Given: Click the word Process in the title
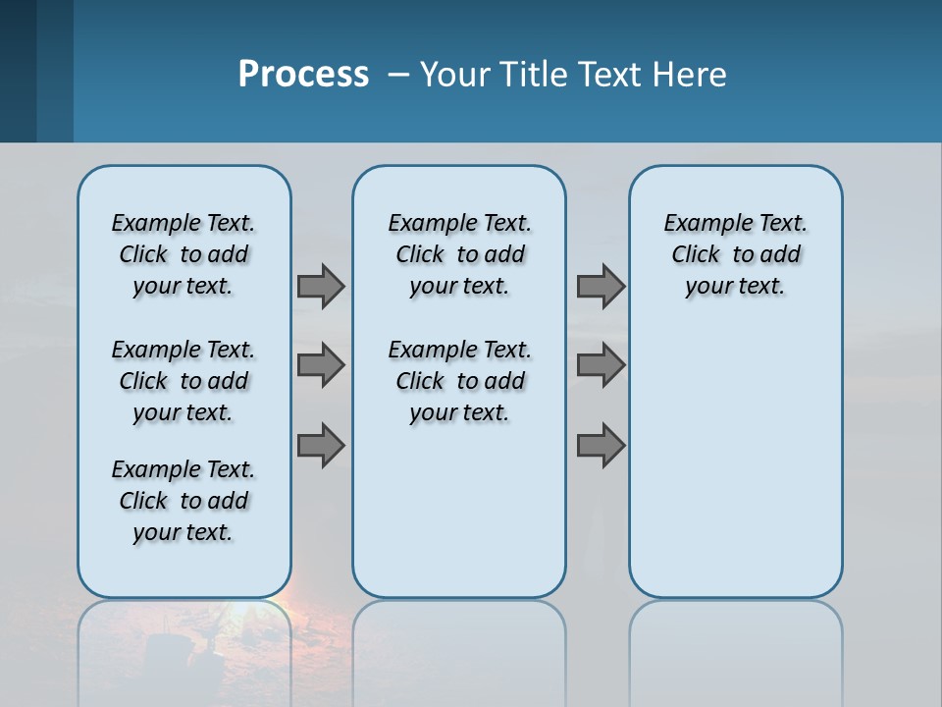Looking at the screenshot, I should pyautogui.click(x=303, y=74).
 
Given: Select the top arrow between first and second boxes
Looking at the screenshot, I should pyautogui.click(x=321, y=286).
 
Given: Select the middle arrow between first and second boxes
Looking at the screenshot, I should pyautogui.click(x=321, y=365).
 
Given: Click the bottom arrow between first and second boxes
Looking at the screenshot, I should pyautogui.click(x=321, y=446).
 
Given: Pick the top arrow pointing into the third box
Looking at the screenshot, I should pyautogui.click(x=601, y=286).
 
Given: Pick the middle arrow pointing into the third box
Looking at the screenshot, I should pyautogui.click(x=601, y=365).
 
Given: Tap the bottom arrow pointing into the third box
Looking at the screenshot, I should pyautogui.click(x=601, y=446).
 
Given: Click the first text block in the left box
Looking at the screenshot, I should pyautogui.click(x=183, y=254).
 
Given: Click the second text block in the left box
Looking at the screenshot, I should pyautogui.click(x=183, y=381).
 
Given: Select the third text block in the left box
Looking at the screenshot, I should pyautogui.click(x=183, y=501).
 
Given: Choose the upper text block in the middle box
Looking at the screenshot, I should pyautogui.click(x=459, y=254).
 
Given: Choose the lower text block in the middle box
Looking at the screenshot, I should pyautogui.click(x=459, y=381).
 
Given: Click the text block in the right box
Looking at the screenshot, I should pyautogui.click(x=735, y=254).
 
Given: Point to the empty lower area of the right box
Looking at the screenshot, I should pyautogui.click(x=735, y=462).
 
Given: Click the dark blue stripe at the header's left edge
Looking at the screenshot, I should pyautogui.click(x=18, y=71).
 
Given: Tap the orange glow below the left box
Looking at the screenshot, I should pyautogui.click(x=285, y=614).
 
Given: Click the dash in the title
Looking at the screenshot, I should pyautogui.click(x=398, y=76).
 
